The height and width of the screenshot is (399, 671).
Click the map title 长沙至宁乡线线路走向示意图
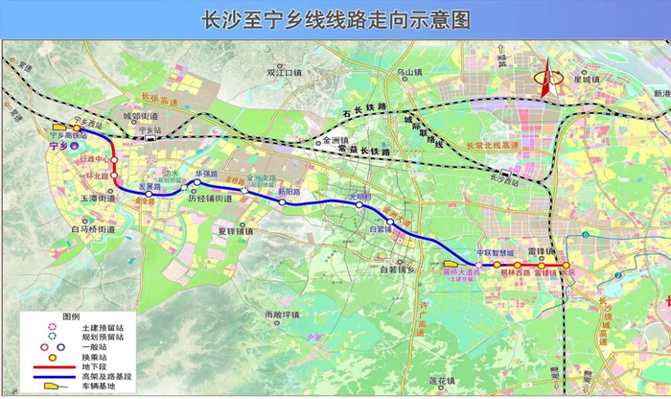coord(335,18)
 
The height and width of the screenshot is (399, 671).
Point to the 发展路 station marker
coord(150,194)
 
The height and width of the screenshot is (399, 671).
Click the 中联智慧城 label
coord(497,253)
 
